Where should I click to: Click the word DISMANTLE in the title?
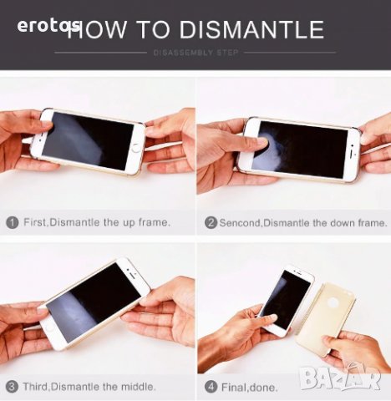coord(251,29)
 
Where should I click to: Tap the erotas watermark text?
coord(48,26)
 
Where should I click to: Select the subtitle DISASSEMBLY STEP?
coord(195,53)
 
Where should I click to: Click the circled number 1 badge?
coord(13,223)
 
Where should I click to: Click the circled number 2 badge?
coord(211,223)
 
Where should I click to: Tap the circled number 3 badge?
coord(13,387)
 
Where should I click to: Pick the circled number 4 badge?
coord(211,387)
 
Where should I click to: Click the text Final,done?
coord(249,388)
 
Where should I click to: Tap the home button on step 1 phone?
coord(136,148)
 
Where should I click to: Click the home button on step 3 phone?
coord(50,327)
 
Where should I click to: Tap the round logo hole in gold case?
coord(333,303)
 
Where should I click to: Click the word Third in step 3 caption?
coord(36,387)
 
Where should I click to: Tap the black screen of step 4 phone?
coord(287,299)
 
